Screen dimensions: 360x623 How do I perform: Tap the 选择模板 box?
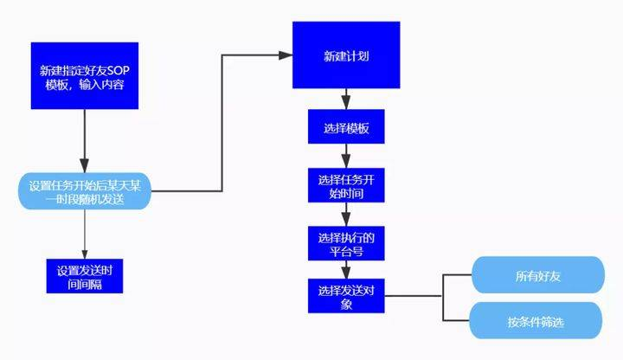346,128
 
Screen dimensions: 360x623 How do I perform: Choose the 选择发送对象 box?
346,296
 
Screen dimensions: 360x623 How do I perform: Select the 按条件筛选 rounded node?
535,323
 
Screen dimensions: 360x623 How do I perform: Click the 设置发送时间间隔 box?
85,276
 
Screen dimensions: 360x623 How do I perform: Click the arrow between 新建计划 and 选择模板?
346,100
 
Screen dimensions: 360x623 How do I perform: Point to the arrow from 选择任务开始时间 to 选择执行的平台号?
346,215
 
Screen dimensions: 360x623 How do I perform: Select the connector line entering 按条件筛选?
457,322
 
